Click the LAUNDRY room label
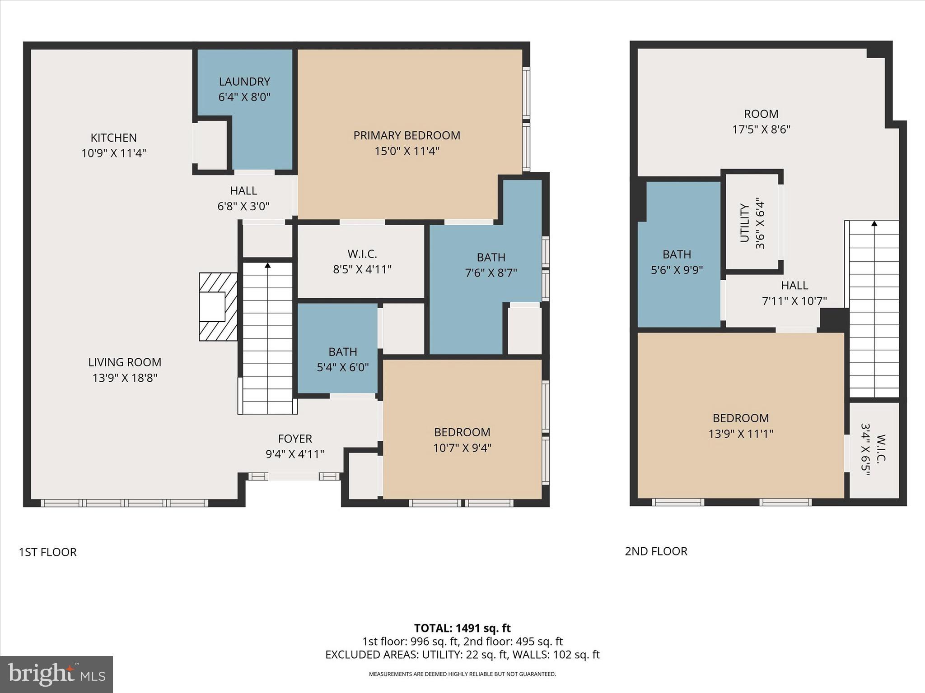(244, 82)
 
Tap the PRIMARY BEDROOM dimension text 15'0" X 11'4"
(406, 151)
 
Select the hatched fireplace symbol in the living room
(218, 307)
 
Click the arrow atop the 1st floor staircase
(267, 266)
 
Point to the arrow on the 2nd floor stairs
(874, 224)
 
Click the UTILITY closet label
(745, 222)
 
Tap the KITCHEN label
(113, 138)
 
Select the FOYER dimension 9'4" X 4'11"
(294, 454)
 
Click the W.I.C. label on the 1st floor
(362, 254)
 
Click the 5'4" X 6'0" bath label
(342, 367)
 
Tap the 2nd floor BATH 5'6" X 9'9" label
(677, 262)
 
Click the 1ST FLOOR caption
(47, 552)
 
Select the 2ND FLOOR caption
(656, 551)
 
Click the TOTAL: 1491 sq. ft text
(462, 628)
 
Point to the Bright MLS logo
(56, 674)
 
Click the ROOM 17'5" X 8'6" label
(761, 121)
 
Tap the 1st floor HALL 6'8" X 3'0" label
(243, 199)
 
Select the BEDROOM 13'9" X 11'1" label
(741, 425)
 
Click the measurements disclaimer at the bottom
(462, 674)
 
